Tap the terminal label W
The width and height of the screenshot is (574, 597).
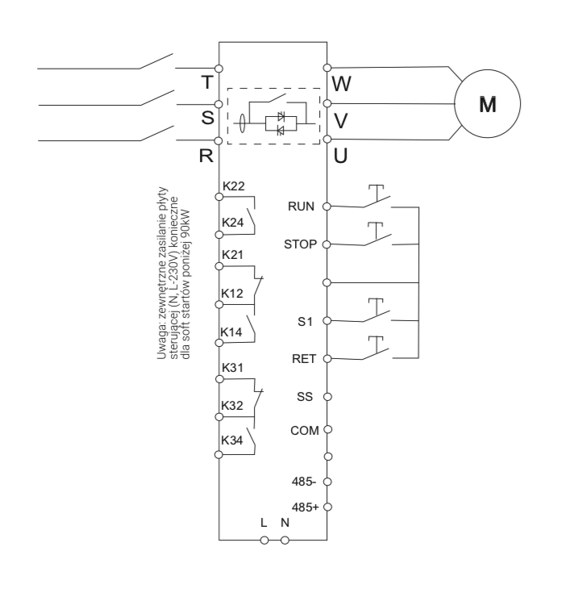point(342,83)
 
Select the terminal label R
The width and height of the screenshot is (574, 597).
point(206,156)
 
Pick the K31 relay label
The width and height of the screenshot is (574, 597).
point(233,367)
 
